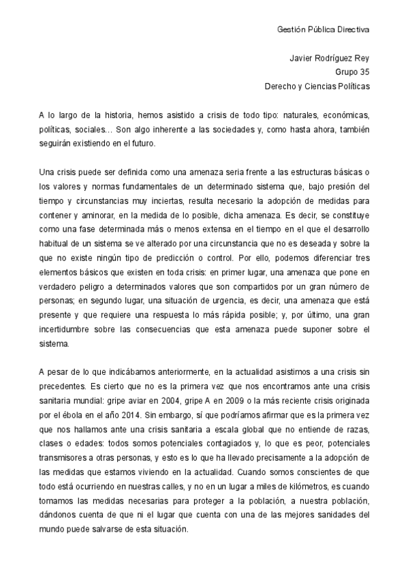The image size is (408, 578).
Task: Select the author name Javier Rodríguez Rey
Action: [330, 59]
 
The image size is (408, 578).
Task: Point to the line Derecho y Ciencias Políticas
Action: [317, 87]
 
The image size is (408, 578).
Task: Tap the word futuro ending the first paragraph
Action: [144, 144]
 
